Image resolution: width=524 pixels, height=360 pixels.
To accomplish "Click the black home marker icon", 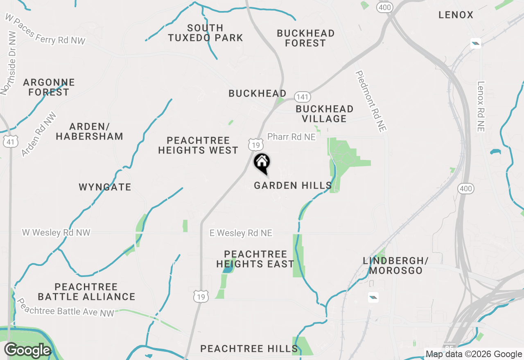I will pyautogui.click(x=262, y=162).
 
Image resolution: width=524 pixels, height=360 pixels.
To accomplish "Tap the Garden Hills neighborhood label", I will pyautogui.click(x=293, y=186).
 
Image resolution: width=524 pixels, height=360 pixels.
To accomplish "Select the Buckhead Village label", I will pyautogui.click(x=325, y=114).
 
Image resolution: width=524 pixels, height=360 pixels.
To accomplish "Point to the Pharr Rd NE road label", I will pyautogui.click(x=291, y=137).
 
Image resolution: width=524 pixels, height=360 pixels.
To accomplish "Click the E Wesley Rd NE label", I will pyautogui.click(x=241, y=233).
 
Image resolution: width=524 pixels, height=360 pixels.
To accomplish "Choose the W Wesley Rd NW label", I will pyautogui.click(x=56, y=233).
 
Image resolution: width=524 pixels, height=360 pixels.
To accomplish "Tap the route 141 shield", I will pyautogui.click(x=302, y=97).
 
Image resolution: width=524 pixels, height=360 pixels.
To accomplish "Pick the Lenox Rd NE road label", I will pyautogui.click(x=481, y=106).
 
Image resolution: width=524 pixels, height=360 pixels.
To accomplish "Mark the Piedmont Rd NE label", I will pyautogui.click(x=371, y=101).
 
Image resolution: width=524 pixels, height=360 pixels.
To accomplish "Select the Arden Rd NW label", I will pyautogui.click(x=39, y=134).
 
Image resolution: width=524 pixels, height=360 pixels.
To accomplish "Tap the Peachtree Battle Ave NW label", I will pyautogui.click(x=65, y=306).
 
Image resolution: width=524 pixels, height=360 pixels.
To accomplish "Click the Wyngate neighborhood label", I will pyautogui.click(x=105, y=187).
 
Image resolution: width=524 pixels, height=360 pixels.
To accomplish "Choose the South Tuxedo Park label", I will pyautogui.click(x=206, y=33).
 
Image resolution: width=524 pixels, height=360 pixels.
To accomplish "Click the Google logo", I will pyautogui.click(x=28, y=350).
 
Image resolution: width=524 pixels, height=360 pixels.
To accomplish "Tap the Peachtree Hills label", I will pyautogui.click(x=249, y=349).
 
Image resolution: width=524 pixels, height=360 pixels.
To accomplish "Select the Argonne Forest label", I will pyautogui.click(x=49, y=88).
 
